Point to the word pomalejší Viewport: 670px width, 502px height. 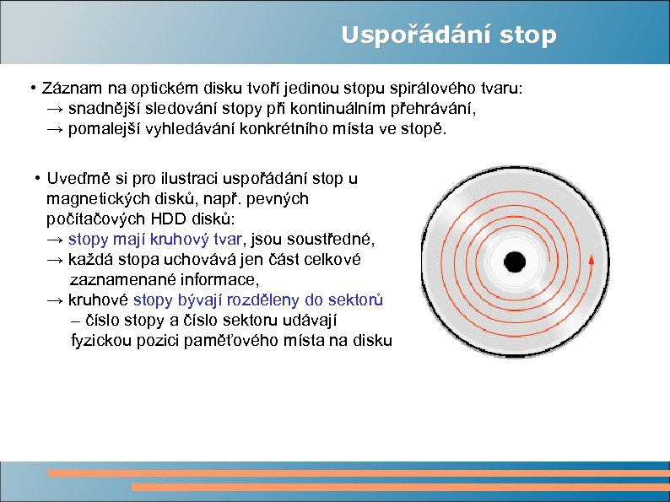(105, 129)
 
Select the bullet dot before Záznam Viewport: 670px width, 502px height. (30, 89)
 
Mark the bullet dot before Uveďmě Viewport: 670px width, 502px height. (38, 179)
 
